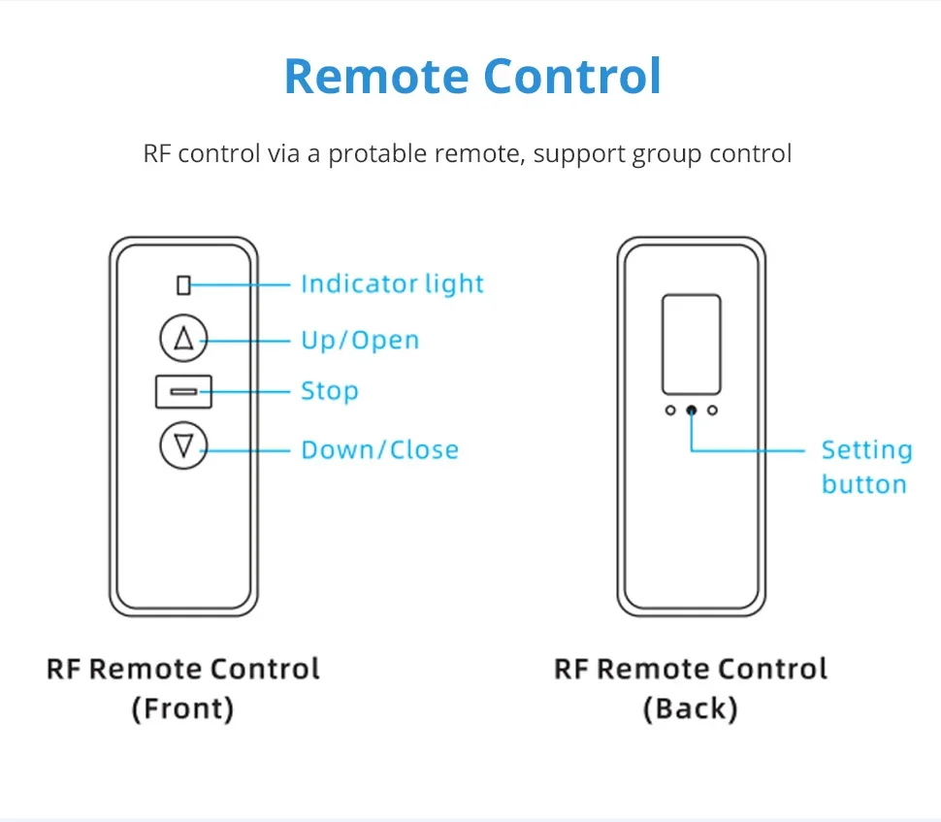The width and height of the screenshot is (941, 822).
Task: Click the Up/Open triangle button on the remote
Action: coord(183,338)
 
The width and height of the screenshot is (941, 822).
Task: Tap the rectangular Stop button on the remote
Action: coord(183,391)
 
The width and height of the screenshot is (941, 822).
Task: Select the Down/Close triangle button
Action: coord(183,445)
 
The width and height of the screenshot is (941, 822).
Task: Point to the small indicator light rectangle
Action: coord(183,285)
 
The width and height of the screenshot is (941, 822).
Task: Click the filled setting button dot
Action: coord(692,411)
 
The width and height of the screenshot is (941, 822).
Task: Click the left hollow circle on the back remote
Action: coord(670,411)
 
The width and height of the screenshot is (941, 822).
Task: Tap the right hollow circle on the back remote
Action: coord(712,411)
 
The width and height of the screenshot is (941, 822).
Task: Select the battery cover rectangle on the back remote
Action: coord(692,345)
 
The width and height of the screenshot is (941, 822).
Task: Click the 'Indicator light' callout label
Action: coord(393,283)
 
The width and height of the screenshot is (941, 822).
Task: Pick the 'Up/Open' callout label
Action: coord(360,340)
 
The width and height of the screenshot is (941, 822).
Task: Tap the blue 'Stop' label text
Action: coord(330,391)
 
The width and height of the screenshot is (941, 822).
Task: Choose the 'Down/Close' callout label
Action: coord(380,449)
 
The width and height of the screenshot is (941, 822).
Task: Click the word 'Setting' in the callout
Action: coord(866,450)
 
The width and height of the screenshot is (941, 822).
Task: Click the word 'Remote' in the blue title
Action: coord(376,77)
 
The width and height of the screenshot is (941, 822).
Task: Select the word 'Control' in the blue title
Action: coord(572,77)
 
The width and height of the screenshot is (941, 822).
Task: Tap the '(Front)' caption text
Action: coord(182,708)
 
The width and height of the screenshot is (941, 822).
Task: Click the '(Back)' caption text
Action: coord(690,708)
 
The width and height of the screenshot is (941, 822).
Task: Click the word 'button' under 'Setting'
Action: coord(864,484)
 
